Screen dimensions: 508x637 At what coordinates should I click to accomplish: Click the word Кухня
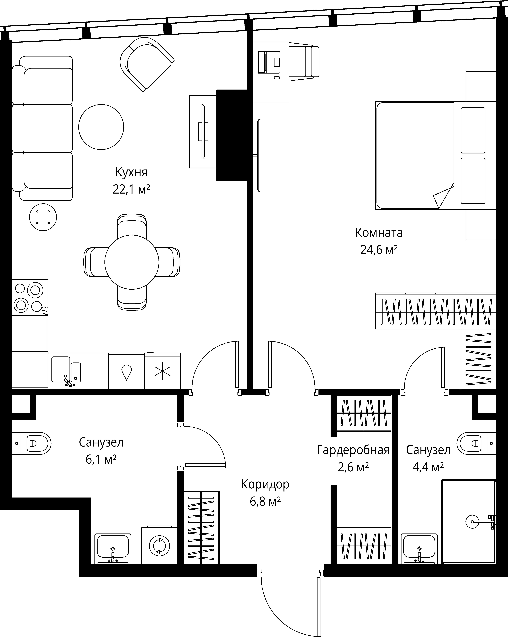click(131, 172)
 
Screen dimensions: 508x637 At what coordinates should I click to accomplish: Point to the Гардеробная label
click(353, 450)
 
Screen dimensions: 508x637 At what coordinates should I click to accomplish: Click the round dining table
click(132, 262)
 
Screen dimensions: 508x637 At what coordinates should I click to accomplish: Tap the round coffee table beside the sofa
click(101, 127)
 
